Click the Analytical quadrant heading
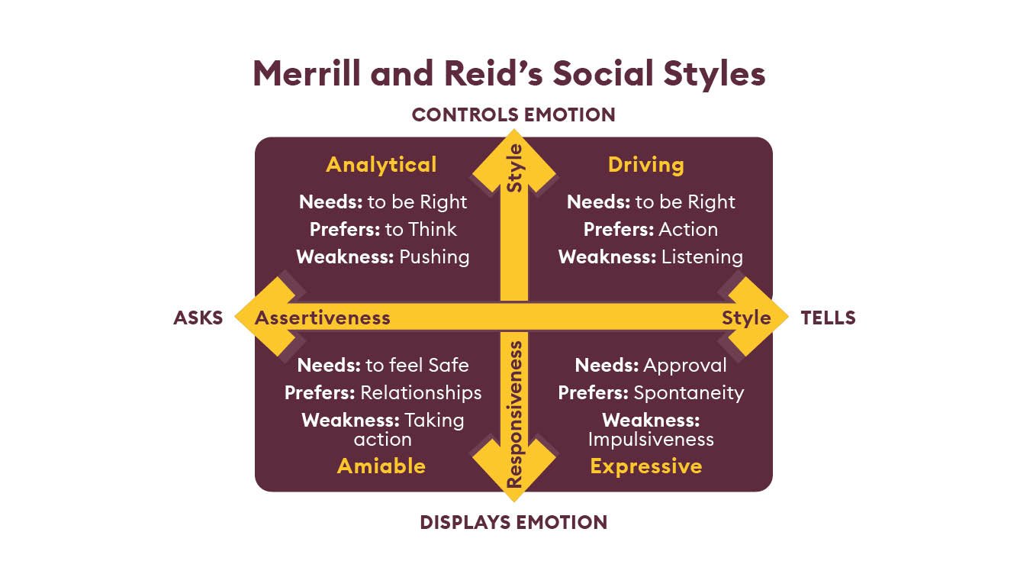(x=381, y=165)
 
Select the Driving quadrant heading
(x=645, y=165)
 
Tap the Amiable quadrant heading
(x=381, y=466)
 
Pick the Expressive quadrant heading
(x=645, y=466)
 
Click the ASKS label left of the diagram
(x=198, y=318)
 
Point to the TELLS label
(x=828, y=318)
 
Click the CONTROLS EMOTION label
(x=513, y=114)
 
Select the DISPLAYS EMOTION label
(x=513, y=522)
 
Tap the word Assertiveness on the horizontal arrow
(x=322, y=318)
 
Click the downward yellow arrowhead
(x=513, y=469)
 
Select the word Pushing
(x=434, y=256)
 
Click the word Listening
(x=702, y=256)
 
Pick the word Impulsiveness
(x=650, y=439)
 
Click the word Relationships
(x=420, y=392)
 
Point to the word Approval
(x=685, y=366)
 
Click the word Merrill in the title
(x=305, y=74)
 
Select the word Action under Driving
(x=688, y=229)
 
